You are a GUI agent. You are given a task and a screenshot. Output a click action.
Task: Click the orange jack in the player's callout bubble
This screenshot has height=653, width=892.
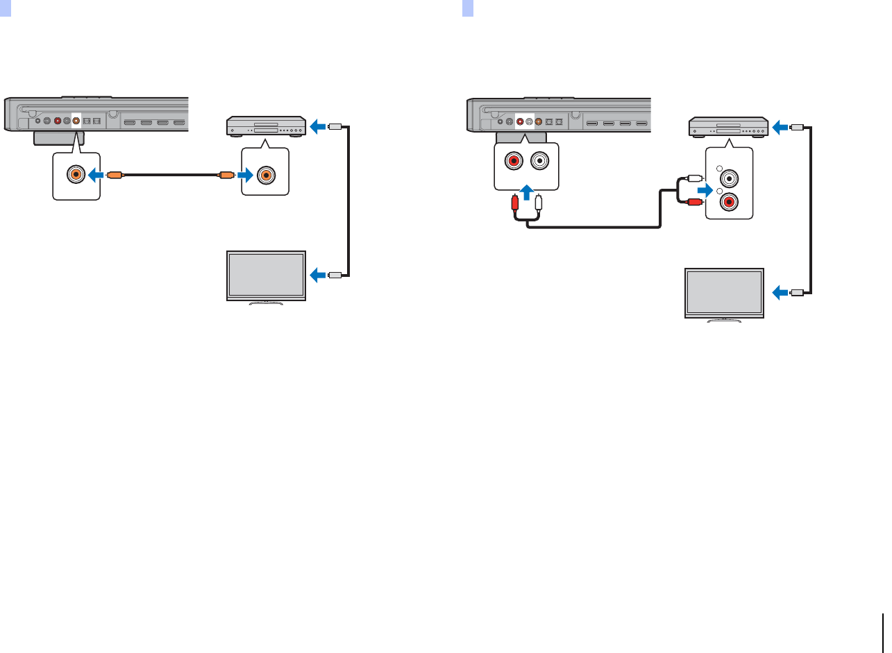click(264, 176)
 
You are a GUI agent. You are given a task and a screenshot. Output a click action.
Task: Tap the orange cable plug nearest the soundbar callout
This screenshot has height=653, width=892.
click(116, 176)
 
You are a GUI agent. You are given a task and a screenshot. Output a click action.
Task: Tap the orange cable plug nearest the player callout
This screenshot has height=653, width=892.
click(226, 176)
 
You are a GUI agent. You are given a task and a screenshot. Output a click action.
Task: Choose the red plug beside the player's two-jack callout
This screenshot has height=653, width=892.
click(694, 203)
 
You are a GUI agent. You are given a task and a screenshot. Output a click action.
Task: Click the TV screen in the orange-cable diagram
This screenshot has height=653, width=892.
click(267, 275)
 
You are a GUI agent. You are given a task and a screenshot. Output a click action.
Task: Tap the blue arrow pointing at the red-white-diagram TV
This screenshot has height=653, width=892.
click(780, 293)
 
